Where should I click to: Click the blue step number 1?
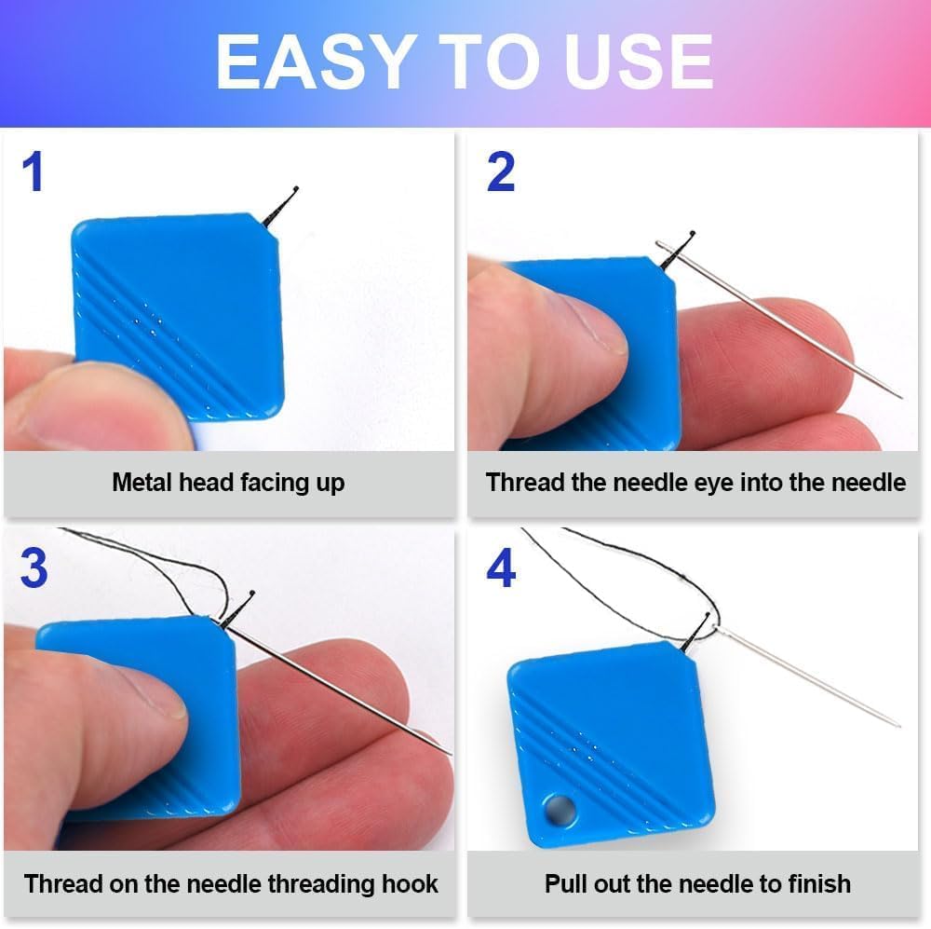tap(34, 173)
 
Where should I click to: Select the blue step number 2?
tap(501, 173)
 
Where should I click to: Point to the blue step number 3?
tap(34, 569)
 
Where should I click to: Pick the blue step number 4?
tap(501, 569)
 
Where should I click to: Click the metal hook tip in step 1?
tap(294, 191)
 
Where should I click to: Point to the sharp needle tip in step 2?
tap(898, 396)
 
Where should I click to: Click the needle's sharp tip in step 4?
tap(897, 724)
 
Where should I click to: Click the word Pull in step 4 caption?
tap(566, 883)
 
